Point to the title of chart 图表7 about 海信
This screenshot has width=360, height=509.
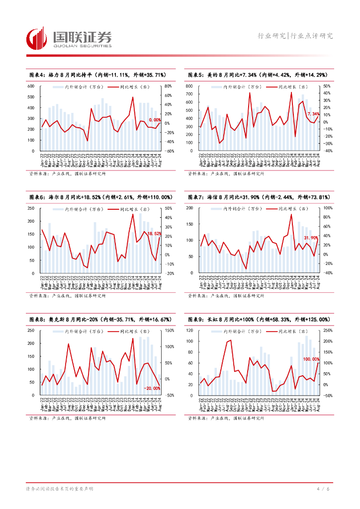pos(258,197)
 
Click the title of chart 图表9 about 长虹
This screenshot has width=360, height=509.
pos(257,319)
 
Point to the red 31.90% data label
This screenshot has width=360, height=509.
pos(311,238)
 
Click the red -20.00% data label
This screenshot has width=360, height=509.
pos(152,388)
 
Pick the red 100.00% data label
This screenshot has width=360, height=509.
pos(311,359)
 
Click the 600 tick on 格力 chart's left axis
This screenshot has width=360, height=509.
pos(31,86)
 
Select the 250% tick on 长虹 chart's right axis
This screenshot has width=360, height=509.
pos(328,330)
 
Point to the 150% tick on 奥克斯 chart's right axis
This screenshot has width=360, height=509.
pos(168,330)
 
